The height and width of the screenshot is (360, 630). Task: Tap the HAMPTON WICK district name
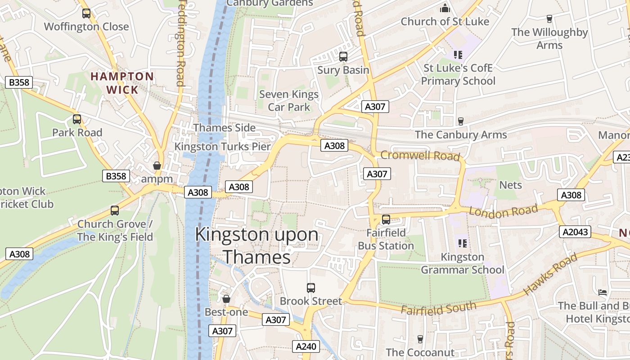122,83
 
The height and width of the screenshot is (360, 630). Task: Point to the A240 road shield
307,346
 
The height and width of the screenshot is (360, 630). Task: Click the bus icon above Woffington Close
86,13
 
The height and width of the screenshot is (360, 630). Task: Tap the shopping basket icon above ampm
157,166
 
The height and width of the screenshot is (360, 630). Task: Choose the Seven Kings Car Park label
289,101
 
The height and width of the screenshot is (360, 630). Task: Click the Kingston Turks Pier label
223,147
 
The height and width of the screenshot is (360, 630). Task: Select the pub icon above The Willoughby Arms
549,18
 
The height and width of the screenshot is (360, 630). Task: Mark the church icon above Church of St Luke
445,8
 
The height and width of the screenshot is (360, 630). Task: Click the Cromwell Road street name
420,156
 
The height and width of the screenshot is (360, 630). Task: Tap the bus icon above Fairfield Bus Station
386,220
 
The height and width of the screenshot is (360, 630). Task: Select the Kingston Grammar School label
462,263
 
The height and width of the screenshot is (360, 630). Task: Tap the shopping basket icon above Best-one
226,299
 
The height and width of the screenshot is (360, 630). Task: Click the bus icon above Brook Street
310,288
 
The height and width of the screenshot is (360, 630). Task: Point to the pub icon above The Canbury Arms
460,121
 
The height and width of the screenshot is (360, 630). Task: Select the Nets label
510,185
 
